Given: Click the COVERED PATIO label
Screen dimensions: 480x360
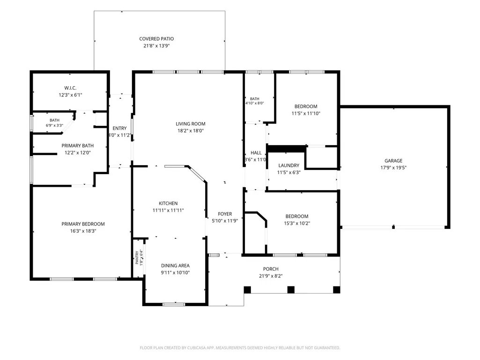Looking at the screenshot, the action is click(x=156, y=39).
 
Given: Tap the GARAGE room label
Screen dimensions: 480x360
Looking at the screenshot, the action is click(x=393, y=161).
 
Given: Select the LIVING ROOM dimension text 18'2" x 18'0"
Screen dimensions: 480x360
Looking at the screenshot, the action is click(x=191, y=131).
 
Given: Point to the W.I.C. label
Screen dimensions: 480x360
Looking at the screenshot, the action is click(x=70, y=88).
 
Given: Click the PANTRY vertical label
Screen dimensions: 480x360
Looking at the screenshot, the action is click(x=137, y=258).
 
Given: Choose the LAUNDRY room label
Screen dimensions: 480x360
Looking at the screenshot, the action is click(x=288, y=166).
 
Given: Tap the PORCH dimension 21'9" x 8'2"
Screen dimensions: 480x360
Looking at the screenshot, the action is click(x=271, y=276).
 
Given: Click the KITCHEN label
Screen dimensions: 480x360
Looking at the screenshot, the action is click(x=168, y=204).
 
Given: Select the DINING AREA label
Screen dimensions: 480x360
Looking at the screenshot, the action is click(x=176, y=266).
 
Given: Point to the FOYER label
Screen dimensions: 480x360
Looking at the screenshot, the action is click(x=225, y=214).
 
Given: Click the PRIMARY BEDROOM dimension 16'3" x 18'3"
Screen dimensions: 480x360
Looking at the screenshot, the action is click(x=83, y=231).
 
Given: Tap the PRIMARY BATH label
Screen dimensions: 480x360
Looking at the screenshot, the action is click(x=77, y=146).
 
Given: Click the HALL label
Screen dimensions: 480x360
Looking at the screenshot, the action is click(x=256, y=153).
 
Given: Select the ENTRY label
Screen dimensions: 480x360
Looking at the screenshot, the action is click(x=119, y=128).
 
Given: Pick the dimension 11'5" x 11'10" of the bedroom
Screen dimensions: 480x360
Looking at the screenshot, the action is click(x=306, y=114).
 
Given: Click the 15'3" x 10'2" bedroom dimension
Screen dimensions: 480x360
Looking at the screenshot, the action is click(x=297, y=223).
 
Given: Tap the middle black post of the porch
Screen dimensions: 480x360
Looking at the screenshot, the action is click(x=291, y=290).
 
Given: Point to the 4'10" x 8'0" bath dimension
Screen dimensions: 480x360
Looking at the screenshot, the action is click(x=254, y=103).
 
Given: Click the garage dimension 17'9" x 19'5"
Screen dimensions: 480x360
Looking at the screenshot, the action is click(x=393, y=168).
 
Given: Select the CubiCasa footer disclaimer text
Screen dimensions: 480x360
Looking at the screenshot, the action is click(x=240, y=348).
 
